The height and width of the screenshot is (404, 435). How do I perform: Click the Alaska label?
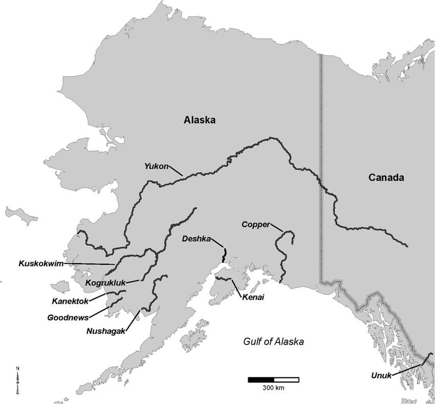pos(200,120)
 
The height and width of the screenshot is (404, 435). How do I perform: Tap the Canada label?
pos(386,178)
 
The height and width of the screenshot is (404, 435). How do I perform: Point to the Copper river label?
pos(255,224)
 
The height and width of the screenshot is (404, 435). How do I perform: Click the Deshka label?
pos(195,239)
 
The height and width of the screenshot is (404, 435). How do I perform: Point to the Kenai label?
pos(253,297)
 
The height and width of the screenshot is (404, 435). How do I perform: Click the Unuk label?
pos(381,376)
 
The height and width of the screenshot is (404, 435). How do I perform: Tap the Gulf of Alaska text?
pos(273,342)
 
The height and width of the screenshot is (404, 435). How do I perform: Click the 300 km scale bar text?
pos(273,388)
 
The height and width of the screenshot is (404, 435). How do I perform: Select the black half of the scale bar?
pos(260,379)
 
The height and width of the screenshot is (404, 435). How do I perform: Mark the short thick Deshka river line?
pos(224,254)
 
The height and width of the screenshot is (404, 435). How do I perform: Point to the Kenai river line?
pos(223,279)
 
